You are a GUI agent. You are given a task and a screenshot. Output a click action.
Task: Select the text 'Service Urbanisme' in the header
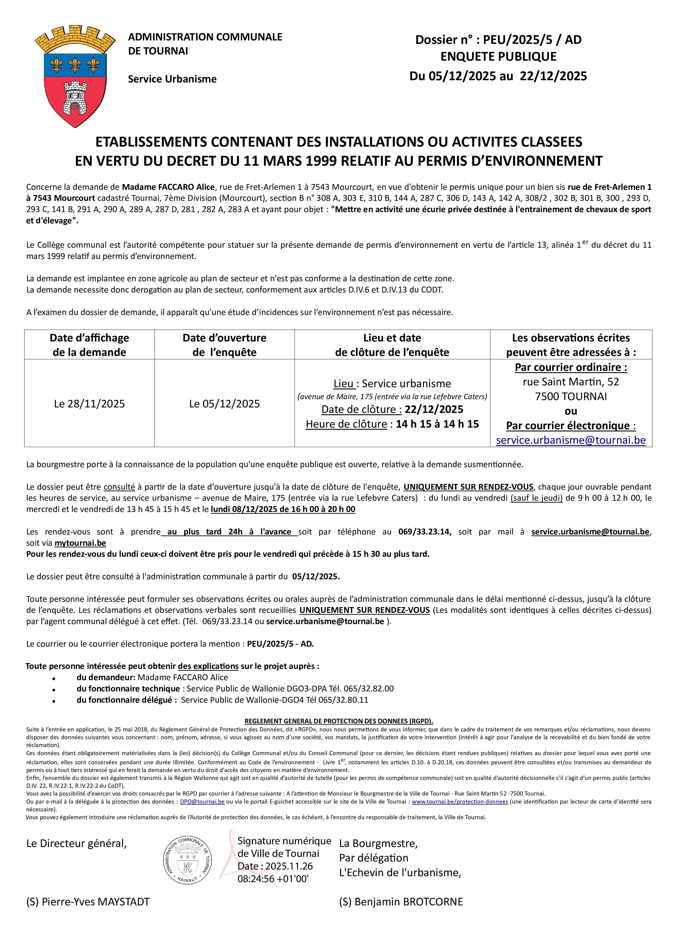tap(172, 79)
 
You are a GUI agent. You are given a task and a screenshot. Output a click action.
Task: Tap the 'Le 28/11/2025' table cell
tap(89, 404)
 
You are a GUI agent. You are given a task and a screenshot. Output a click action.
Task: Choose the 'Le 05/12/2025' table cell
tap(224, 404)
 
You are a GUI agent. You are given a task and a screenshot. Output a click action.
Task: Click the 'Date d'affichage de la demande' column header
tap(89, 345)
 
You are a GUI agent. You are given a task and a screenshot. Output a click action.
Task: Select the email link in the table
tap(571, 440)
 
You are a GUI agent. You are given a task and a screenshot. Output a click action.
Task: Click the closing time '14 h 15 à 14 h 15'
tap(437, 424)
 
